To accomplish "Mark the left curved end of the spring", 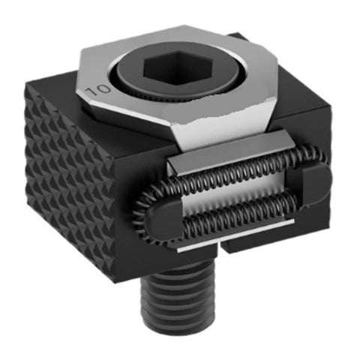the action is pos(142,215).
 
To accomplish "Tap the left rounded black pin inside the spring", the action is pos(166,219).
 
